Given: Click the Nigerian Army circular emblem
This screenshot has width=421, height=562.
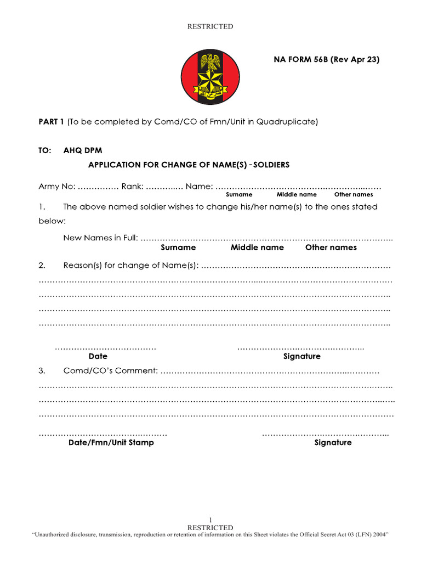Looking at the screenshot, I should [x=210, y=76].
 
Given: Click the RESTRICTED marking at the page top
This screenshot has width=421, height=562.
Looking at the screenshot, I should [x=210, y=26].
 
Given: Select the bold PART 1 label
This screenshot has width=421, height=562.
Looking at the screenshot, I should [x=52, y=122].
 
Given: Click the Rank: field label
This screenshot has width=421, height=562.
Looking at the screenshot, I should [x=133, y=187].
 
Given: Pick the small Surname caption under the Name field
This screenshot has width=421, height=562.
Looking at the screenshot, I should [x=239, y=194].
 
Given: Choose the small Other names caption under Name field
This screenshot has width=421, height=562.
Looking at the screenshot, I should [x=354, y=194].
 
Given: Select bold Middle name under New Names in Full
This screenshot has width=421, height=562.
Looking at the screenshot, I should [x=257, y=248].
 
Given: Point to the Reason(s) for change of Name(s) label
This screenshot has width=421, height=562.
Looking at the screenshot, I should [x=130, y=266].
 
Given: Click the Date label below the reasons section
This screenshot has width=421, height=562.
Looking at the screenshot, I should [x=98, y=356].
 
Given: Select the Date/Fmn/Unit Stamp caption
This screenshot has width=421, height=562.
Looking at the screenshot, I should [x=111, y=442].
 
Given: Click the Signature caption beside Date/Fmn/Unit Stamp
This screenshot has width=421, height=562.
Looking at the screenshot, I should [x=333, y=442].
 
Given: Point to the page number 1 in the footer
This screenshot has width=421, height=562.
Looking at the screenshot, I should [x=210, y=520].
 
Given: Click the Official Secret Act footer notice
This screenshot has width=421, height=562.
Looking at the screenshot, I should [x=210, y=535].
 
